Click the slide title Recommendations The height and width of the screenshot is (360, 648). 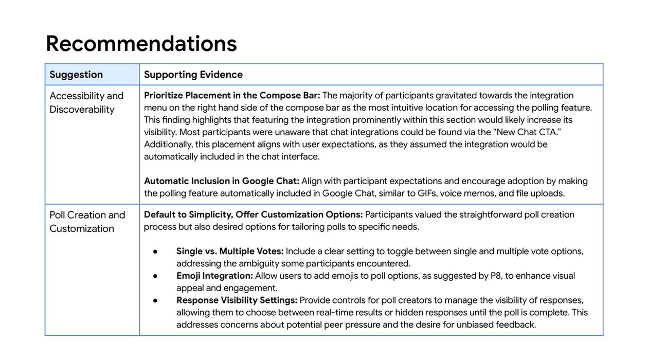[141, 44]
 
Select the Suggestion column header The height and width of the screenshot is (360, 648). [76, 75]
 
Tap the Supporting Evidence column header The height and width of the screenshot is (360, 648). [193, 75]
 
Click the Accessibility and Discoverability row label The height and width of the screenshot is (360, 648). [86, 102]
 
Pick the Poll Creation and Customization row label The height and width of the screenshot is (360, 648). [87, 222]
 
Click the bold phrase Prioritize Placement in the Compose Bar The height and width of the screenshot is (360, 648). [232, 95]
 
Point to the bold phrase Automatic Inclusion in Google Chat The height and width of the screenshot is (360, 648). [222, 181]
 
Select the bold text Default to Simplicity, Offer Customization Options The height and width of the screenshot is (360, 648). [253, 214]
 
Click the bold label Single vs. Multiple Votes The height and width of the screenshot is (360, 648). [230, 251]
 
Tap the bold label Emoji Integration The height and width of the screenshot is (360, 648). [214, 276]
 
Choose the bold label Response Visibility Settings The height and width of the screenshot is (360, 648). [237, 300]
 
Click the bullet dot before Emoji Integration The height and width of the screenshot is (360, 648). [155, 276]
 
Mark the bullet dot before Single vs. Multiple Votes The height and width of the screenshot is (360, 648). [155, 251]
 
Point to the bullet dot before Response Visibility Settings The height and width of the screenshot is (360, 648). [155, 300]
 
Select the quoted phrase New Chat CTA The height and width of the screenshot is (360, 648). [531, 132]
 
